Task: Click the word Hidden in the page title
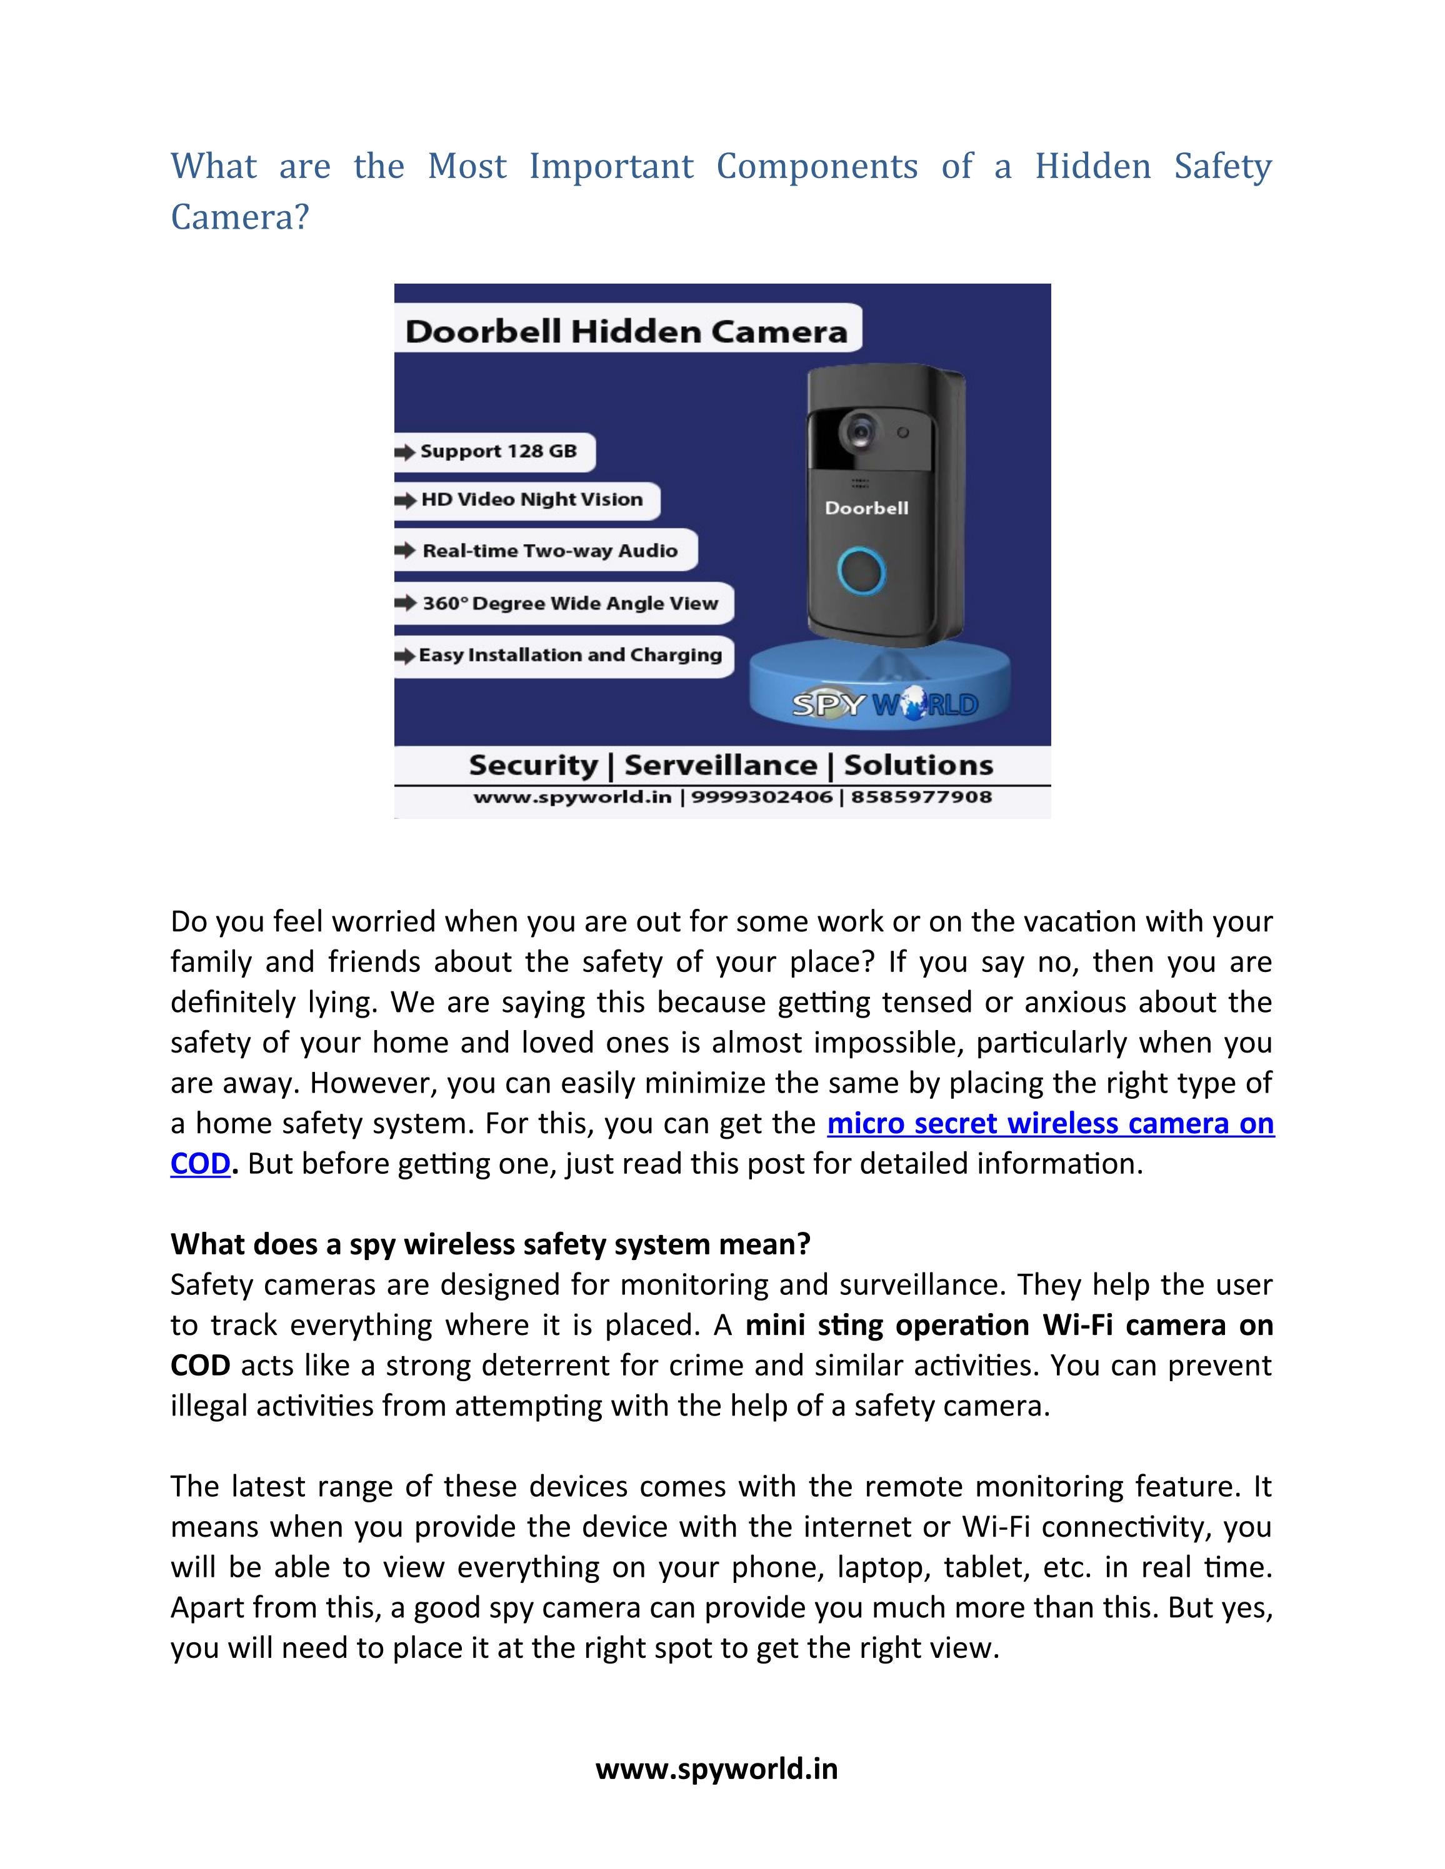pyautogui.click(x=1092, y=166)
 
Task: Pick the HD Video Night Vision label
pyautogui.click(x=531, y=500)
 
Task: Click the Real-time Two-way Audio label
pyautogui.click(x=549, y=550)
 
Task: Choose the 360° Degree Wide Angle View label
pyautogui.click(x=569, y=603)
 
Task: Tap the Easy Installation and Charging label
pyautogui.click(x=569, y=655)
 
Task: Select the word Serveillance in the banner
pyautogui.click(x=720, y=765)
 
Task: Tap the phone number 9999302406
pyautogui.click(x=761, y=798)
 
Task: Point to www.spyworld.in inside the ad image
pyautogui.click(x=572, y=798)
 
